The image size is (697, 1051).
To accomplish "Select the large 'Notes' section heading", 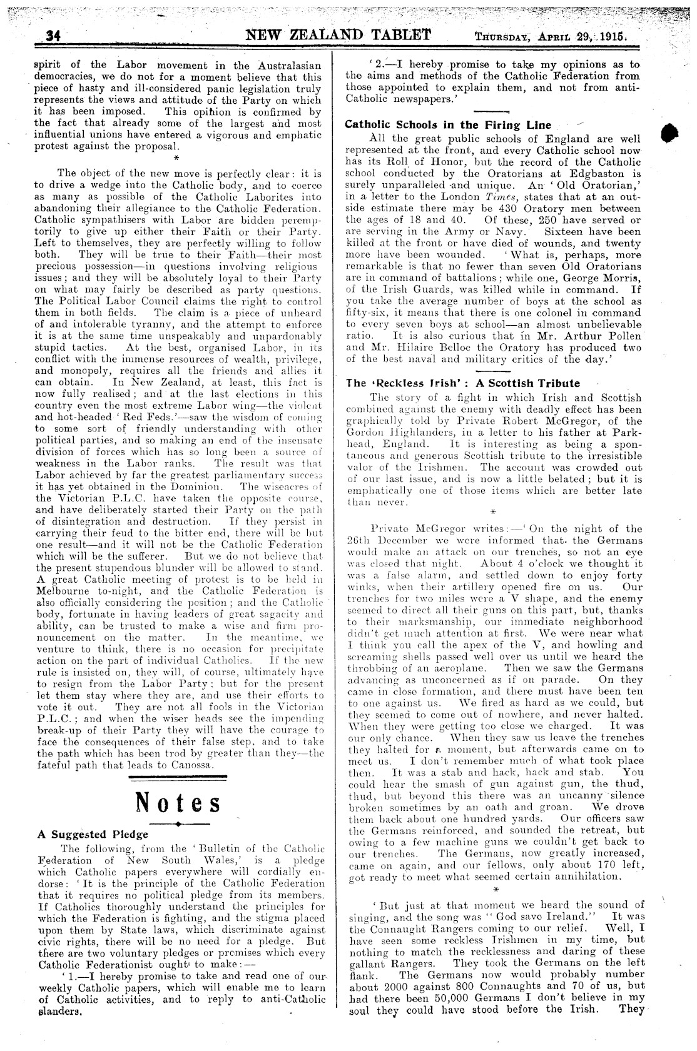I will pyautogui.click(x=178, y=803).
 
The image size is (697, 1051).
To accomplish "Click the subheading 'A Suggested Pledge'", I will pyautogui.click(x=93, y=834).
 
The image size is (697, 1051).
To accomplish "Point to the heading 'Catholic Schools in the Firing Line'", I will pyautogui.click(x=448, y=124).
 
